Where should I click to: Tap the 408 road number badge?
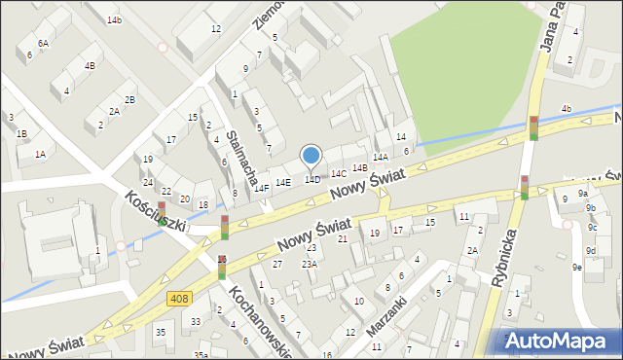(x=178, y=299)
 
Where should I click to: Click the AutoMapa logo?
(x=561, y=341)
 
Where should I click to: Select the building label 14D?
(x=312, y=179)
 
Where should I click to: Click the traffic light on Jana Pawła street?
(x=533, y=127)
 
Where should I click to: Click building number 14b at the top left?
(x=115, y=20)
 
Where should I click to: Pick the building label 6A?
(x=43, y=44)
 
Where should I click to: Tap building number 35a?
(x=200, y=355)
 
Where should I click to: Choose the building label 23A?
(x=310, y=264)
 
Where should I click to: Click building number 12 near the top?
(x=215, y=29)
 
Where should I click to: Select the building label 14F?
(x=262, y=189)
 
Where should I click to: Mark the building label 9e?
(x=577, y=267)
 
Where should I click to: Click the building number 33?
(x=196, y=322)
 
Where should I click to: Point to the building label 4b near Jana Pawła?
(x=566, y=108)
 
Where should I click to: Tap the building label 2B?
(x=129, y=100)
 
